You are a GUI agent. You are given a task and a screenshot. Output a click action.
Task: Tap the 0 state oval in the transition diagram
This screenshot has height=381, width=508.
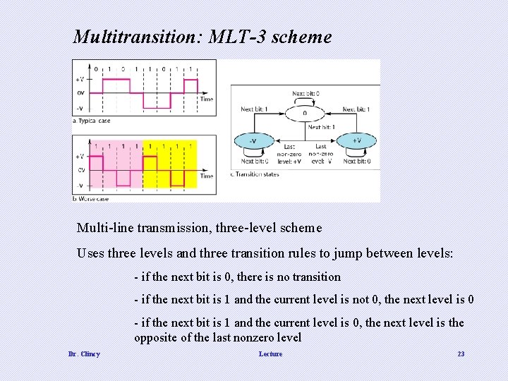coord(305,112)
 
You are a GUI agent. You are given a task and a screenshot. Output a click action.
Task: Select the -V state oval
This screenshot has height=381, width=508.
coord(253,140)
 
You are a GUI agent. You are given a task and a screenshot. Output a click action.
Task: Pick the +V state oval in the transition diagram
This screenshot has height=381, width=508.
coord(357,140)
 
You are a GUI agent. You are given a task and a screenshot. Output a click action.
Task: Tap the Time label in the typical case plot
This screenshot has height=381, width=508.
coord(206,99)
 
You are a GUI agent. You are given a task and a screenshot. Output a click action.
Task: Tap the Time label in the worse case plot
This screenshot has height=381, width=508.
coord(206,176)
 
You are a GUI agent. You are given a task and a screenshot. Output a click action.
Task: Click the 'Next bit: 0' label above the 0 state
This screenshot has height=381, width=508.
coord(306,93)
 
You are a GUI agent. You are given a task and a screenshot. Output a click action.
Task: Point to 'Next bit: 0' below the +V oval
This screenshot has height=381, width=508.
coord(357,162)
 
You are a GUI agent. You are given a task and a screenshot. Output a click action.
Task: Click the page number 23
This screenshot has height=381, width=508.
coord(461,353)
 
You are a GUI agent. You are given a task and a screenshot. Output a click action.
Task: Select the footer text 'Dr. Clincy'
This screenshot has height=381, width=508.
coord(84,353)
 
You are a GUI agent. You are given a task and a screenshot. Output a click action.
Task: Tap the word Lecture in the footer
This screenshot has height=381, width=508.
coord(270,353)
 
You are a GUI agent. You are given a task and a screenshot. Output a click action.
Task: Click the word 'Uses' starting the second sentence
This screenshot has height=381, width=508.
coord(90,253)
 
